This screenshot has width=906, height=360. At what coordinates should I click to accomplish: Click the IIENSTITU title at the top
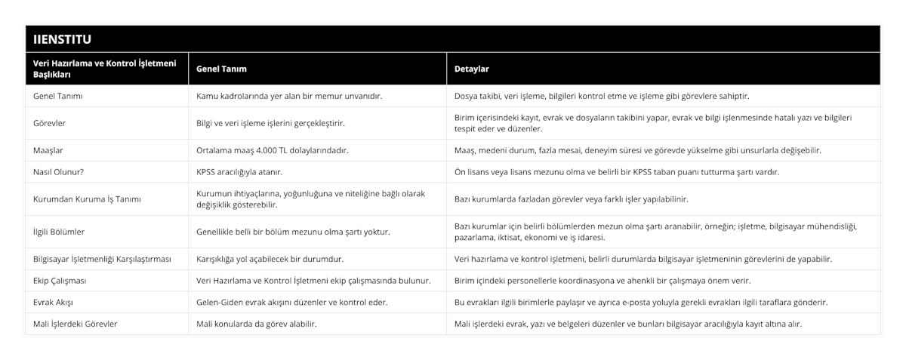60,38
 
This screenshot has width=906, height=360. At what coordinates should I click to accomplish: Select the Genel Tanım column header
221,69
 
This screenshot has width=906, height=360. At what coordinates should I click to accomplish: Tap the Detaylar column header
472,69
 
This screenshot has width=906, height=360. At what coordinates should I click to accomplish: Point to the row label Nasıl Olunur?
59,172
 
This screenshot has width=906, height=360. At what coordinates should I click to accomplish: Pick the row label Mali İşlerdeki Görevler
75,324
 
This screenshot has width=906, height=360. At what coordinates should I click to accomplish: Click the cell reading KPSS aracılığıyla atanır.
239,172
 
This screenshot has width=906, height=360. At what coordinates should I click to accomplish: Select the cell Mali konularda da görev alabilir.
256,324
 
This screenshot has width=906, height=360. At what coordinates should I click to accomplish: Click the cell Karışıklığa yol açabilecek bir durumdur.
270,259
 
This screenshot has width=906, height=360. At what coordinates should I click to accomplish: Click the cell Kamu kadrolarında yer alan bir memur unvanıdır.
288,96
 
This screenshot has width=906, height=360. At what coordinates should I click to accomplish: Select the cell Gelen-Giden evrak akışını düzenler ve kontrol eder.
292,302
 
